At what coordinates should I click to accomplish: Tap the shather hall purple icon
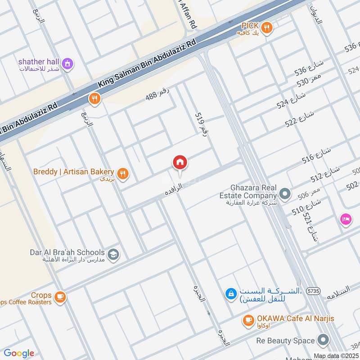pyautogui.click(x=67, y=63)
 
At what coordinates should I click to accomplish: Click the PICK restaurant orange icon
pyautogui.click(x=268, y=27)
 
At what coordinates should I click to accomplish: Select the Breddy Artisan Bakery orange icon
pyautogui.click(x=122, y=173)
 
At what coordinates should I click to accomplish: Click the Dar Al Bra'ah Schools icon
pyautogui.click(x=114, y=254)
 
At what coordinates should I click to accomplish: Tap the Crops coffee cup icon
pyautogui.click(x=59, y=297)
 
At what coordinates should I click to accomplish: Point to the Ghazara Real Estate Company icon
pyautogui.click(x=284, y=194)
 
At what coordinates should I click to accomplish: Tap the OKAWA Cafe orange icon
pyautogui.click(x=247, y=320)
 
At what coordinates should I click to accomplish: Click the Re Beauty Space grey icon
pyautogui.click(x=323, y=340)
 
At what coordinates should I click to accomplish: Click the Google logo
pyautogui.click(x=18, y=353)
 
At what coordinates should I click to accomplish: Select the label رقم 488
pyautogui.click(x=157, y=94)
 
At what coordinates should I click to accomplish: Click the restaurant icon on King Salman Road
pyautogui.click(x=94, y=99)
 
